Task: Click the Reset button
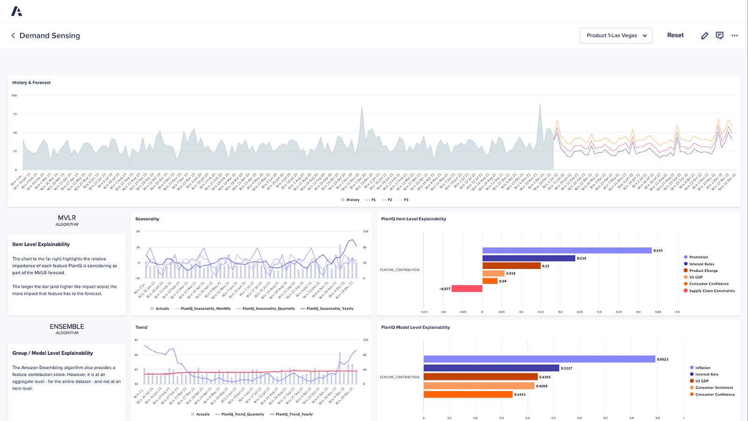click(x=675, y=35)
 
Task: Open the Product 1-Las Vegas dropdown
click(x=616, y=36)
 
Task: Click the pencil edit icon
click(x=705, y=36)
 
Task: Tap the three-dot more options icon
click(x=734, y=36)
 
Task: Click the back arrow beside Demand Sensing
click(x=13, y=36)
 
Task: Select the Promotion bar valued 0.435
click(x=567, y=250)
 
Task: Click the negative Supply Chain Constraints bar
click(x=467, y=289)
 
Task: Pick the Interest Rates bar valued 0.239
click(x=528, y=258)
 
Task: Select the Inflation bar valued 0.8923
click(x=539, y=359)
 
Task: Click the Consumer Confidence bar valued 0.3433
click(x=468, y=394)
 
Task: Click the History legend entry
click(x=350, y=200)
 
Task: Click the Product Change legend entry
click(x=703, y=270)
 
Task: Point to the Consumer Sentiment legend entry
click(x=714, y=388)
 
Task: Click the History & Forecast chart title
click(x=31, y=83)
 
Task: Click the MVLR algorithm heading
click(x=67, y=218)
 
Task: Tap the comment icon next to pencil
click(x=719, y=36)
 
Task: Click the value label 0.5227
click(x=566, y=368)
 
